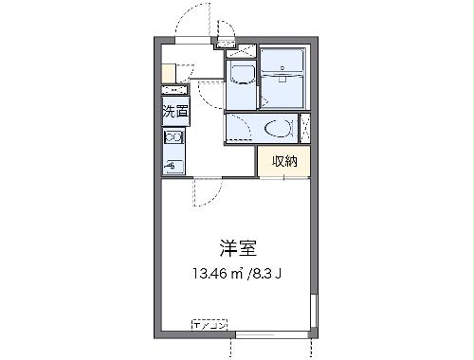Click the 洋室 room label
tap(236, 249)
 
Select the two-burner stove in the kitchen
tap(175, 138)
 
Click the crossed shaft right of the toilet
tap(304, 126)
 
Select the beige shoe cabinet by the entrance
tap(168, 73)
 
